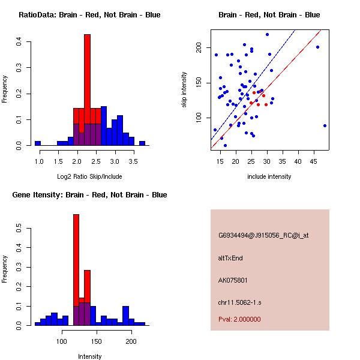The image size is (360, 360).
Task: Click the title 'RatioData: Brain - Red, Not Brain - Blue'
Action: point(89,15)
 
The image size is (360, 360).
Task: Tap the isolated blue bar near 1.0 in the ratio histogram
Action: point(37,143)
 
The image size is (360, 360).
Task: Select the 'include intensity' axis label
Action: point(269,176)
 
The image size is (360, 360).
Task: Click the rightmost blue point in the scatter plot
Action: point(325,125)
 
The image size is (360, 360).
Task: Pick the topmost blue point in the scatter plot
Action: point(267,34)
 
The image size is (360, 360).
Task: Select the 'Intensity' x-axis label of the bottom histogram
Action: point(89,356)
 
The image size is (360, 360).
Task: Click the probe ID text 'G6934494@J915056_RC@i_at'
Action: point(263,236)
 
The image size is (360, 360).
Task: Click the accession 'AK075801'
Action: point(233,280)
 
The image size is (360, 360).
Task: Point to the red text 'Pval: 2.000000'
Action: point(239,319)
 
